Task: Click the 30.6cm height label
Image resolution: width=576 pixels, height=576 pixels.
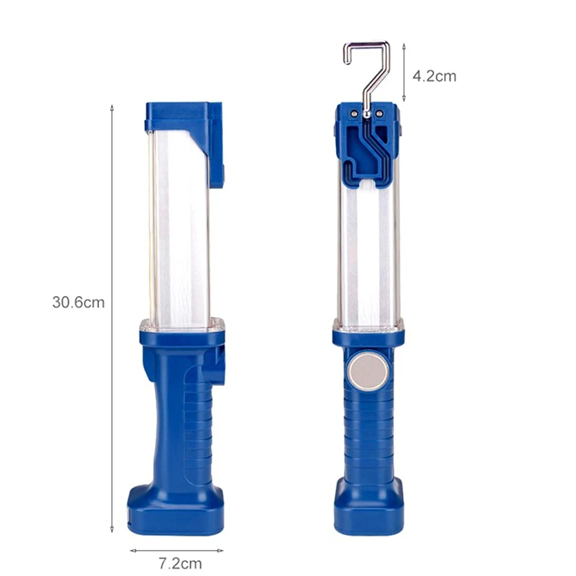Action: click(78, 302)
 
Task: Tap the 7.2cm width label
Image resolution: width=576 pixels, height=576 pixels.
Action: click(180, 563)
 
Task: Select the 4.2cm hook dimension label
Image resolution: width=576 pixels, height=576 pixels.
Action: click(434, 77)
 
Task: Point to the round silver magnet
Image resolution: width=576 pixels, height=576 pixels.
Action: click(367, 373)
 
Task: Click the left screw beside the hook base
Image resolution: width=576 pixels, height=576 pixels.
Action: click(354, 113)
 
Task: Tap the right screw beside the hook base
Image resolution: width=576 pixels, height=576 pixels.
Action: click(380, 113)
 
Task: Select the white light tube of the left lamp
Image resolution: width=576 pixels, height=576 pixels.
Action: click(179, 228)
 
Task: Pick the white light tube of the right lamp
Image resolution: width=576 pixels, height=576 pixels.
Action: click(368, 253)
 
